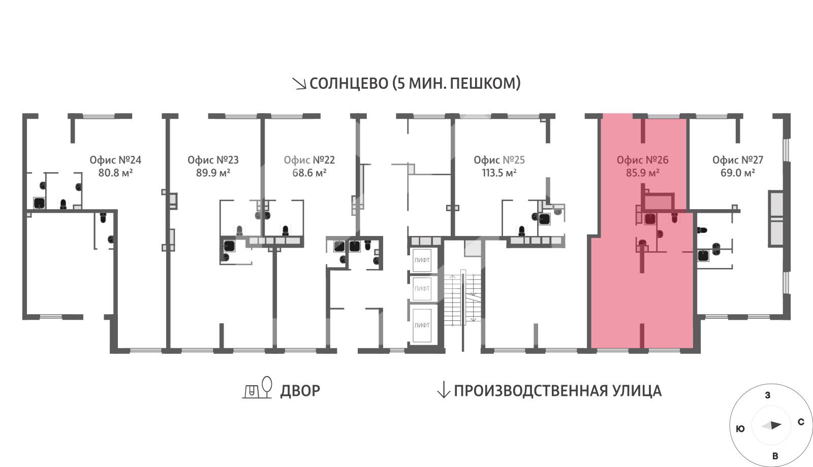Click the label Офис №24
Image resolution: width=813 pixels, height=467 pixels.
(x=115, y=160)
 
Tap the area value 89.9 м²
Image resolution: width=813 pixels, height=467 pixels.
(x=213, y=173)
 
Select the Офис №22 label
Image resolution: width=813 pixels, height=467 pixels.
(x=309, y=160)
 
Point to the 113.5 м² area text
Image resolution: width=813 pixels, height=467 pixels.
(x=499, y=173)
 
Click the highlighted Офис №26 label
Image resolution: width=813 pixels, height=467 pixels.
(x=642, y=160)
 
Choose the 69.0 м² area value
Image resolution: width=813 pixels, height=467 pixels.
(x=738, y=173)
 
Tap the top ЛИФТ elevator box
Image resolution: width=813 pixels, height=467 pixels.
(x=422, y=260)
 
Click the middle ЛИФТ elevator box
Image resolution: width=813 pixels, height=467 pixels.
(x=422, y=289)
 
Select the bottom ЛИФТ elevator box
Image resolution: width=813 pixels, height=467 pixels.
(x=422, y=325)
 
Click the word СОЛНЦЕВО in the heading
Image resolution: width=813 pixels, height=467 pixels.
(x=349, y=84)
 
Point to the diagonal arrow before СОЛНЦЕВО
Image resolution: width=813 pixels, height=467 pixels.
(x=299, y=83)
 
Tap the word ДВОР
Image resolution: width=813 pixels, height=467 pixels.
(x=300, y=391)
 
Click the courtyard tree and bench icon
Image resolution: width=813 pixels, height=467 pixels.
(x=257, y=388)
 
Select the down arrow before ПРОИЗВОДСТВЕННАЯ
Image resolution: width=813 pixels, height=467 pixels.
(x=443, y=390)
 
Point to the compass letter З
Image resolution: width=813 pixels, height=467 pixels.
(x=768, y=395)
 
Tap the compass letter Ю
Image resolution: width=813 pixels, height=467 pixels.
(x=740, y=429)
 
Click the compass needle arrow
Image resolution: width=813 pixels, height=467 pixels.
(x=771, y=425)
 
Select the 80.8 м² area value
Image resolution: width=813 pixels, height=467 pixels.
(x=115, y=173)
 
